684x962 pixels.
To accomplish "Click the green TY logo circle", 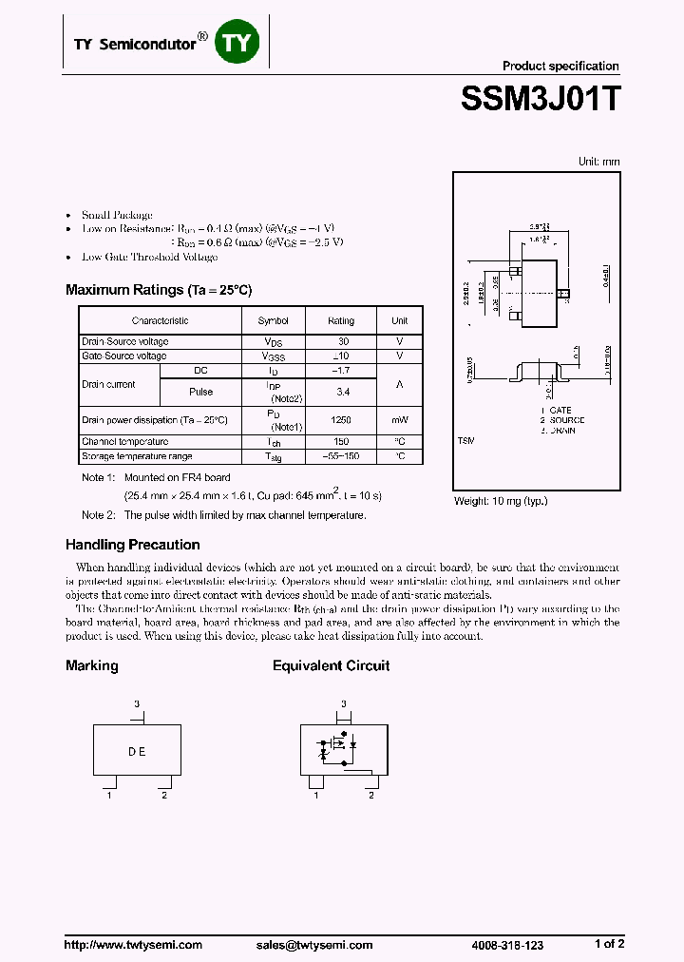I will click(x=237, y=44).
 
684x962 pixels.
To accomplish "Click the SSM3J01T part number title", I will click(x=540, y=99).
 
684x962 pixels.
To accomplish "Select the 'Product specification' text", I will click(x=560, y=66).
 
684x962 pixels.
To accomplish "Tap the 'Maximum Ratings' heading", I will click(x=159, y=290).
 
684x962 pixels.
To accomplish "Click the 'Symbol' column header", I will click(x=274, y=321).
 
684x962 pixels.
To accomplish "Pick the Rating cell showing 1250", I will click(x=341, y=420).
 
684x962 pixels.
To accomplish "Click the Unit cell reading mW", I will click(x=399, y=420).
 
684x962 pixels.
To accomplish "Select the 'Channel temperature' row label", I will click(x=125, y=442).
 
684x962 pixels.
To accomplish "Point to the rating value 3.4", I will click(x=341, y=391).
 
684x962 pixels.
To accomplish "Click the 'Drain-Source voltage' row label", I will click(x=125, y=342).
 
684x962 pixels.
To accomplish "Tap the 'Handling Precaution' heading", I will click(x=132, y=545).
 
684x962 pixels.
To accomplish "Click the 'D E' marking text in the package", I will click(x=137, y=751).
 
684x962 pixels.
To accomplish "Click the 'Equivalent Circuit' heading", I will click(x=331, y=665).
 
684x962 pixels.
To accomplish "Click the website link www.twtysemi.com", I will click(x=134, y=945).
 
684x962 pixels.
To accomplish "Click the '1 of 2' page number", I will click(x=609, y=944).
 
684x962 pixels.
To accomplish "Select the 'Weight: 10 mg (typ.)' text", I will click(x=501, y=501).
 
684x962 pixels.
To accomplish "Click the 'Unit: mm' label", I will click(x=598, y=162).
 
